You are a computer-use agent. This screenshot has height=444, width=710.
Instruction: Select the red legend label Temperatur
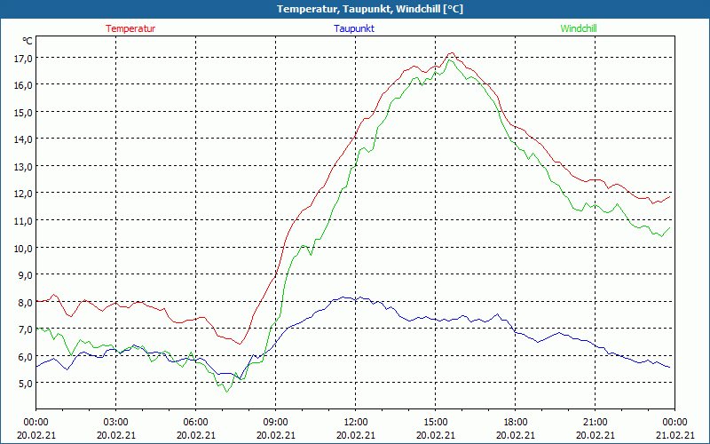tap(130, 28)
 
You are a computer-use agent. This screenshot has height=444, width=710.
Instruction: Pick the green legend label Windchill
tap(579, 28)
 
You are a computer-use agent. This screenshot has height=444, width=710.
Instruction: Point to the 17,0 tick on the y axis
tap(22, 58)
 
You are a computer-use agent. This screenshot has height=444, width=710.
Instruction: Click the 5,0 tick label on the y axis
tap(22, 383)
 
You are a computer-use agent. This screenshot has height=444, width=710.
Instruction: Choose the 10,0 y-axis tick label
tap(22, 248)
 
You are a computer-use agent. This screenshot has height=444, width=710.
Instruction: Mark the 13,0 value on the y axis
tap(22, 166)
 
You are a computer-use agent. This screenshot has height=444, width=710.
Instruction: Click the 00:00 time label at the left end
tap(35, 422)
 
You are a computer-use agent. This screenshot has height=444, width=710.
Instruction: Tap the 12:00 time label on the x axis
tap(355, 422)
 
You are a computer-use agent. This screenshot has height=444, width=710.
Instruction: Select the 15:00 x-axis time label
tap(435, 422)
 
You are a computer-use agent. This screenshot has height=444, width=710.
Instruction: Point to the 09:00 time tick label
tap(275, 422)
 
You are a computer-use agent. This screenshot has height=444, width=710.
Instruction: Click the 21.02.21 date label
tap(674, 435)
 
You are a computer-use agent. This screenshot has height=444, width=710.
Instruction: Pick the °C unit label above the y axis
tap(28, 41)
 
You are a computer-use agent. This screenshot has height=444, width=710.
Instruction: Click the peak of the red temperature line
tap(451, 53)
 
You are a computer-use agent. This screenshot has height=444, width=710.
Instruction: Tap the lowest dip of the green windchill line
tap(227, 392)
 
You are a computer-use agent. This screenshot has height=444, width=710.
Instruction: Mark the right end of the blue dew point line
tap(669, 367)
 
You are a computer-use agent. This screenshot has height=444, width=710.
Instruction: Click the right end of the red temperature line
tap(670, 195)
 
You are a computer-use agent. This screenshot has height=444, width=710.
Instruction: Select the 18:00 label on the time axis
tap(515, 422)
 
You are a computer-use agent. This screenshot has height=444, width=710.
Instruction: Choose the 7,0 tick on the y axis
tap(22, 329)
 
